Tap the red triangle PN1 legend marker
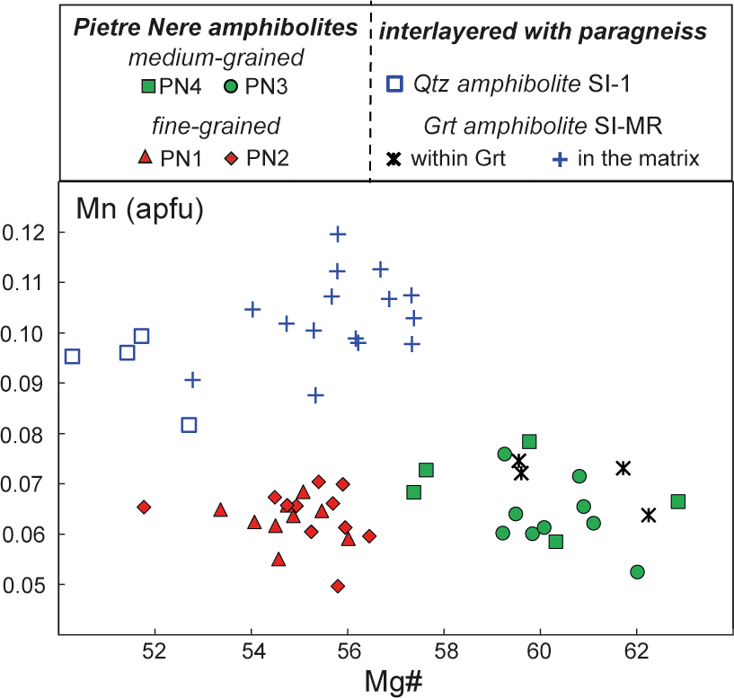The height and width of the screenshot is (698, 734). [143, 159]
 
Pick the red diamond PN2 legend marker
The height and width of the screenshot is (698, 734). [231, 159]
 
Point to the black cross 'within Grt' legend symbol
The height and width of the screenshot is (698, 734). [393, 159]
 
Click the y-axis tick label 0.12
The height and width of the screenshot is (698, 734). [24, 233]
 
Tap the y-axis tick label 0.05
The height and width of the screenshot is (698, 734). [24, 585]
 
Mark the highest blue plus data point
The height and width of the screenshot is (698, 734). [338, 234]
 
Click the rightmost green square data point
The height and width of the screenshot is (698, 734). [678, 501]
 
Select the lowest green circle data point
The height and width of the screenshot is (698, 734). [638, 572]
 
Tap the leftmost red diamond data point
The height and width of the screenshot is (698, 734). [144, 508]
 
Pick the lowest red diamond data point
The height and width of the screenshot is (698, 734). [338, 586]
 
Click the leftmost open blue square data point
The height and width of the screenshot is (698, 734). [73, 357]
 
